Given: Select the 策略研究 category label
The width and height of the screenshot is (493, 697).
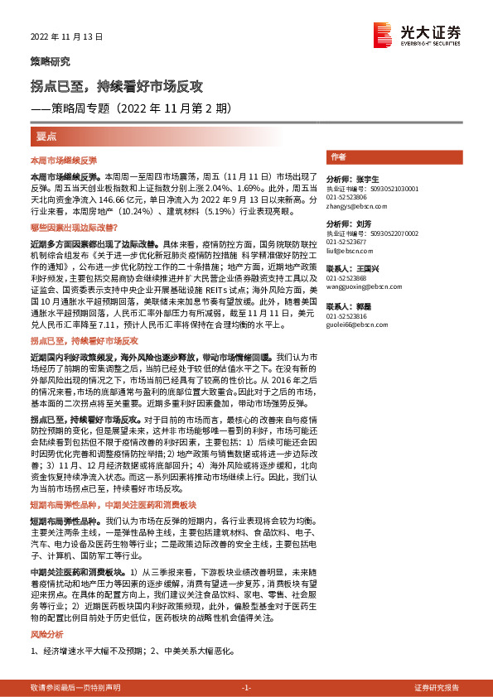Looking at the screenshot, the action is coord(51,62).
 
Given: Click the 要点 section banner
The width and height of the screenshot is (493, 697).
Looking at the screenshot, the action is coord(47,135).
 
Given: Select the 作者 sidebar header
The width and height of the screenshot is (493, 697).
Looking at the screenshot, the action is coord(338,156).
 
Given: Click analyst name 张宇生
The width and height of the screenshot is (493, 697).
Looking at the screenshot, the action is coord(368,179).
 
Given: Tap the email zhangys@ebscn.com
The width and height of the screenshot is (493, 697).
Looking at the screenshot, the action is coord(352,207).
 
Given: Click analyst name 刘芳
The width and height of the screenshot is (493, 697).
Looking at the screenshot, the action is coord(364,224).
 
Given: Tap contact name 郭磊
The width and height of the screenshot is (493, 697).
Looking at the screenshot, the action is coord(364,306).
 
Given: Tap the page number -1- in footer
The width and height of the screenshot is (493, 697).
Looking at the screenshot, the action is coord(245,688).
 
